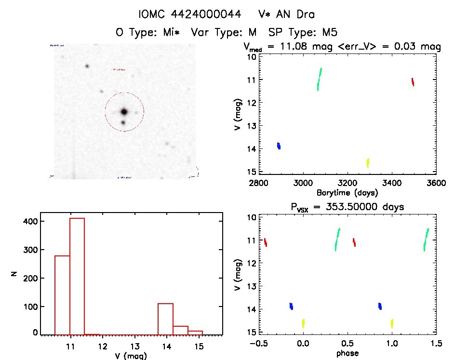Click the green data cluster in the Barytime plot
(319, 79)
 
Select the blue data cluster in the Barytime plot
(279, 146)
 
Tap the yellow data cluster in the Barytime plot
(368, 162)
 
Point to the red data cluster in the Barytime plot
(413, 81)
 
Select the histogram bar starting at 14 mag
(165, 318)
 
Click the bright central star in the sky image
(124, 111)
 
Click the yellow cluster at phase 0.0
(303, 323)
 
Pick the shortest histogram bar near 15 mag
(195, 332)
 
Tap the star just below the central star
(123, 122)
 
